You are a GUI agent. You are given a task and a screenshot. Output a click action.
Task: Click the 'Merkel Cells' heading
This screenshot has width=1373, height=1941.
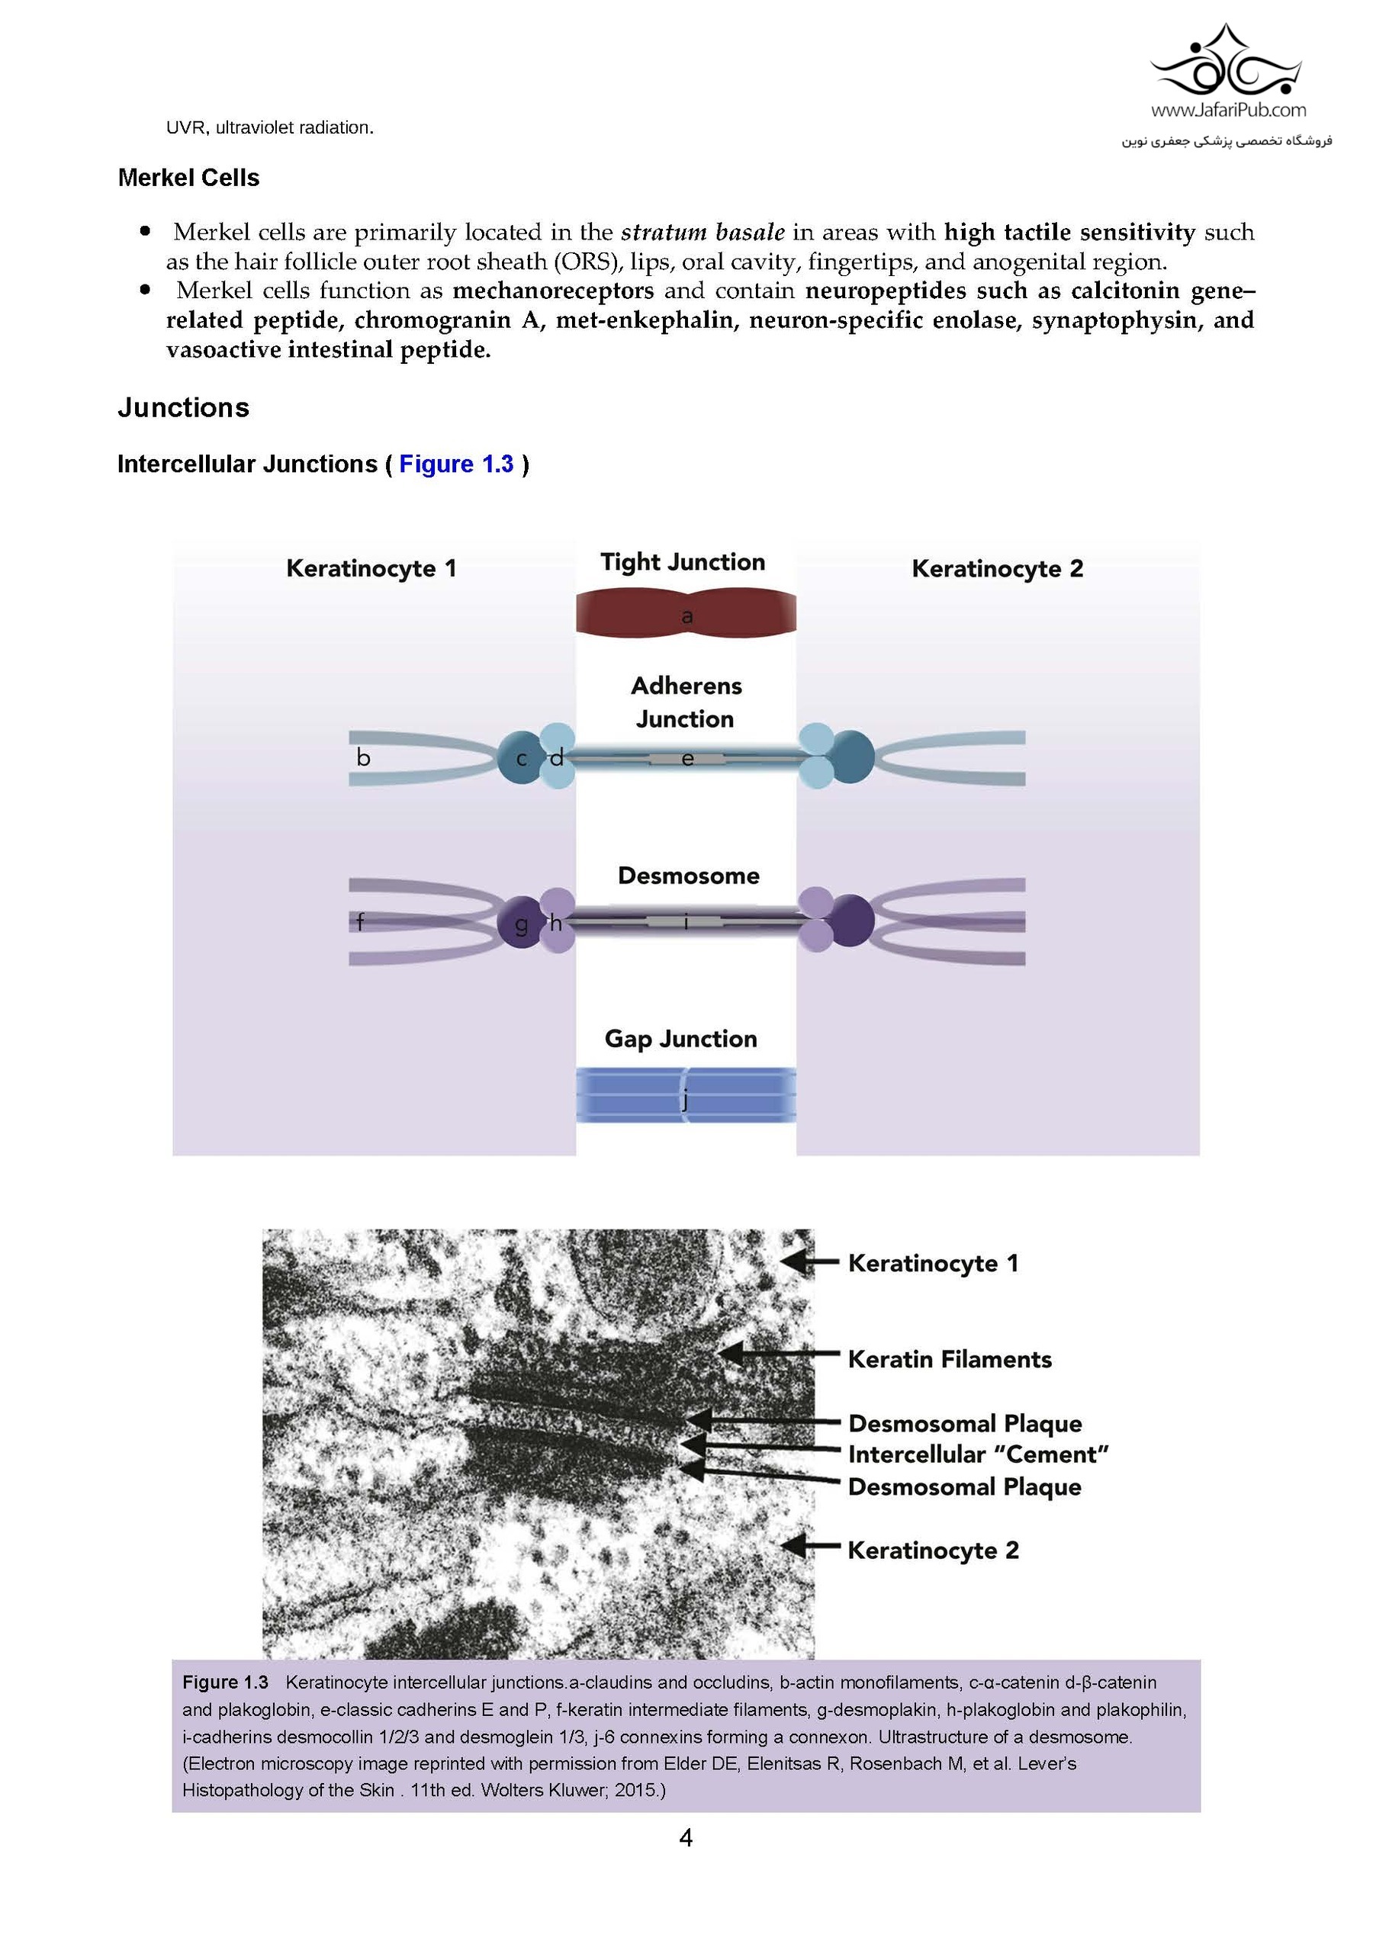[x=188, y=178]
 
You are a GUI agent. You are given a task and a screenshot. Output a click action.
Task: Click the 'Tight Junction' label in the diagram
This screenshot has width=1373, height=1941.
[x=682, y=562]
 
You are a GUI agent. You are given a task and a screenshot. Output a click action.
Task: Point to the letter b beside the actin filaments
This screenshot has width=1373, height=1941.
[x=364, y=757]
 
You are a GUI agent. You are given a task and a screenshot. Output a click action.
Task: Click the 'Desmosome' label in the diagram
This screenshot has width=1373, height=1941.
[x=688, y=876]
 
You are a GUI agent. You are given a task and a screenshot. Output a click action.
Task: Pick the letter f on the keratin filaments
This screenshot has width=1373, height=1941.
[x=360, y=921]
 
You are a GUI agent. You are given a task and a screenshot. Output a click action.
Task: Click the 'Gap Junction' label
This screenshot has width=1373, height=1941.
[x=680, y=1039]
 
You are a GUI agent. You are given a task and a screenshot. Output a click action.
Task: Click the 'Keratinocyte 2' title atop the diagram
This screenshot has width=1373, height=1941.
[x=997, y=569]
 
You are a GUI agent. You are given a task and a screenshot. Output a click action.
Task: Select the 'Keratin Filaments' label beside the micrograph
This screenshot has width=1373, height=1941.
[x=950, y=1359]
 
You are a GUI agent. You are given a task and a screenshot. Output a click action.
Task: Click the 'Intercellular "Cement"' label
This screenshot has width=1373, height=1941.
[x=978, y=1455]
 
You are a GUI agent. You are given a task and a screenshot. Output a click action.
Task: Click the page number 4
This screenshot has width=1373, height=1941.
[x=686, y=1839]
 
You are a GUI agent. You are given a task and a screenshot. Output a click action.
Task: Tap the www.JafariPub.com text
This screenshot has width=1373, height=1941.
[x=1227, y=110]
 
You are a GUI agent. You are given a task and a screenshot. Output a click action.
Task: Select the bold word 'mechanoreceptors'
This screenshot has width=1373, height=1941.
[x=553, y=291]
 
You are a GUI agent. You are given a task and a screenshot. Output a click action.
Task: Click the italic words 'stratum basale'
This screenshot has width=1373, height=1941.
[x=703, y=233]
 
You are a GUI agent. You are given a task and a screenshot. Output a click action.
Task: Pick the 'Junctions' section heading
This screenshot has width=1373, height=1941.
[x=184, y=408]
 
